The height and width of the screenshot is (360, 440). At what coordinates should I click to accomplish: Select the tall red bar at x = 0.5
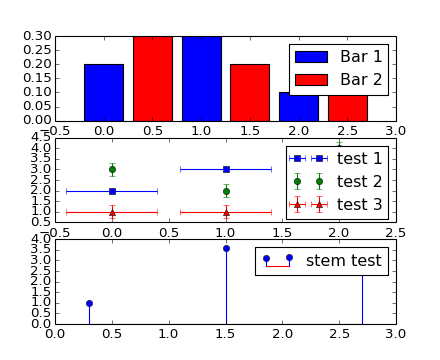[152, 78]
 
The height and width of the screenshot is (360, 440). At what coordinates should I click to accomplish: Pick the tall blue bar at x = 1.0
[201, 78]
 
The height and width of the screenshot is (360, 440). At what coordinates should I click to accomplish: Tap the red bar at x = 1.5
[250, 92]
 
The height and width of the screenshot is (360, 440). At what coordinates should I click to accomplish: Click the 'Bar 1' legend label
[360, 56]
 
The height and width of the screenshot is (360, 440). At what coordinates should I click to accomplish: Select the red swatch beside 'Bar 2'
[311, 79]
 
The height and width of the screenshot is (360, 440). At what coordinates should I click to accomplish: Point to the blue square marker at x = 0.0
[112, 191]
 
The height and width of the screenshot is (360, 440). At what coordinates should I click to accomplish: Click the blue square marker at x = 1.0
[226, 169]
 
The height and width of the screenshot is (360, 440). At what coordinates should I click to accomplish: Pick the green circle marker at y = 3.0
[112, 169]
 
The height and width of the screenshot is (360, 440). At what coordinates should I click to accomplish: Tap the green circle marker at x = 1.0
[226, 191]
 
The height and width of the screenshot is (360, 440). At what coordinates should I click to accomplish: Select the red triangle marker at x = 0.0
[112, 212]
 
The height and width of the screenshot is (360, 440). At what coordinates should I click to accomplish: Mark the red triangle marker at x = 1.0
[226, 212]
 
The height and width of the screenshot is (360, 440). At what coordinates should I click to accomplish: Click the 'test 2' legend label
[359, 181]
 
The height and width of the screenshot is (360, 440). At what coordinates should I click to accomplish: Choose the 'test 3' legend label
[359, 204]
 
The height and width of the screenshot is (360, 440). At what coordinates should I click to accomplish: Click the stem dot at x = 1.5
[226, 248]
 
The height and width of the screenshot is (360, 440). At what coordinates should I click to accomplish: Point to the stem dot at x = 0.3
[89, 303]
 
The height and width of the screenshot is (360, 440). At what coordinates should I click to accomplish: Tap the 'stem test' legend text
[343, 261]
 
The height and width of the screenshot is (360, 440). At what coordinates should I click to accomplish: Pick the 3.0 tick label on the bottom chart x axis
[396, 333]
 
